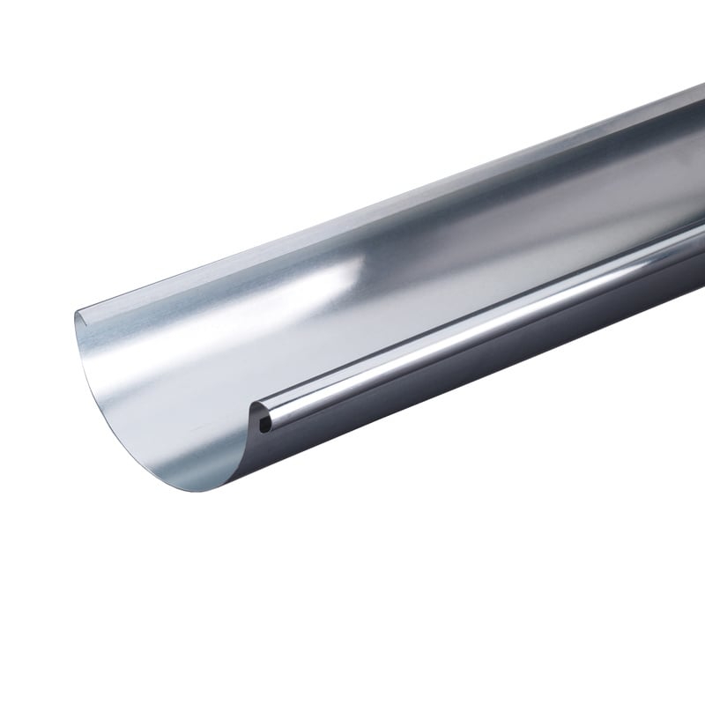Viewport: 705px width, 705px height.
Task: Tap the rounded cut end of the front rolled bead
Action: (256, 414)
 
